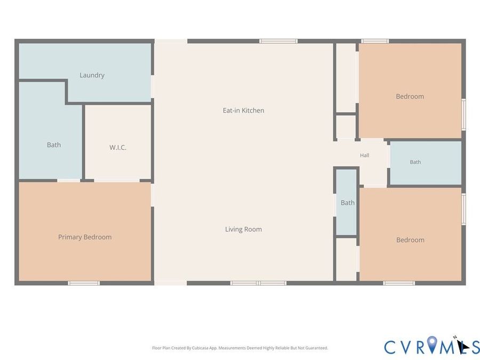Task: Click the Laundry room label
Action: [x=92, y=75]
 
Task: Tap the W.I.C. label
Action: [x=118, y=147]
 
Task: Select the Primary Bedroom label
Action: [x=85, y=237]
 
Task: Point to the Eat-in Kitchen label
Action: [x=243, y=110]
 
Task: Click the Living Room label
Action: [x=243, y=229]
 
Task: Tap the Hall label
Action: [x=364, y=155]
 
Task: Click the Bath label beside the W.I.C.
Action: [x=53, y=145]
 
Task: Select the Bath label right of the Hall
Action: [x=415, y=162]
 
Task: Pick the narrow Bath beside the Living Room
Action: [x=347, y=203]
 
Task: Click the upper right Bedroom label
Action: [x=410, y=97]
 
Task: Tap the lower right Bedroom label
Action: [x=410, y=239]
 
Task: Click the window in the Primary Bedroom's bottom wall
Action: [x=84, y=283]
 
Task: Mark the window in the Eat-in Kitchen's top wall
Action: [x=278, y=41]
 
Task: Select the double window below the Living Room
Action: [x=258, y=283]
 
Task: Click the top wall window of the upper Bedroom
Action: [x=375, y=41]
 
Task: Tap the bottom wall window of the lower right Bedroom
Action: [x=399, y=283]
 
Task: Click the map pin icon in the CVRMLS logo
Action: [x=432, y=345]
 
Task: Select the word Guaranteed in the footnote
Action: [x=317, y=348]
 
